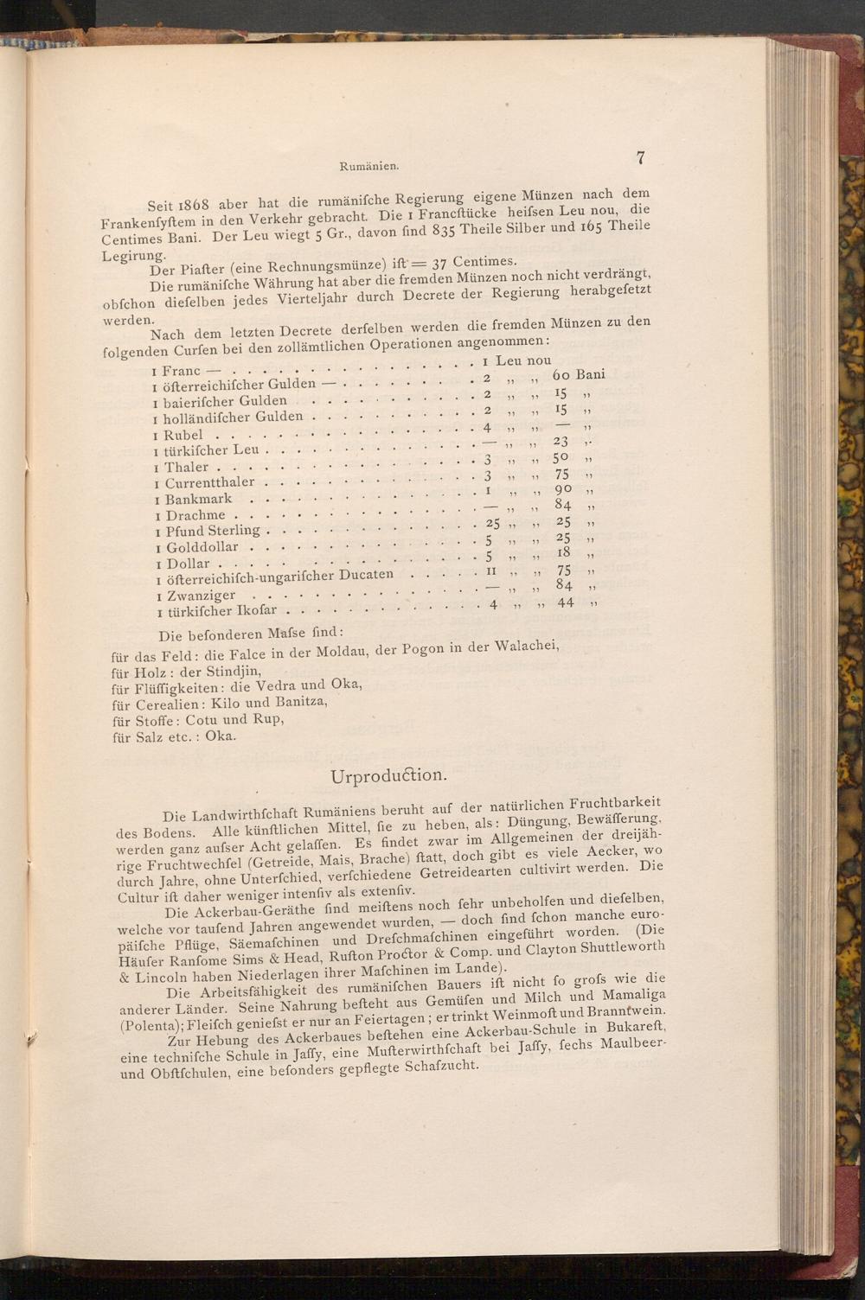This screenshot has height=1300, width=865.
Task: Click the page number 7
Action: [x=641, y=157]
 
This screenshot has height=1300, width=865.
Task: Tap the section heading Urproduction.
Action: [x=388, y=774]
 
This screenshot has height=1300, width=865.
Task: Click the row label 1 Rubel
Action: [x=178, y=436]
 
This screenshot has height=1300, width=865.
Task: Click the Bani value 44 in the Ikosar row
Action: [x=566, y=602]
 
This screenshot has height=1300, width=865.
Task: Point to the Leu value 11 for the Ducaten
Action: [x=490, y=570]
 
